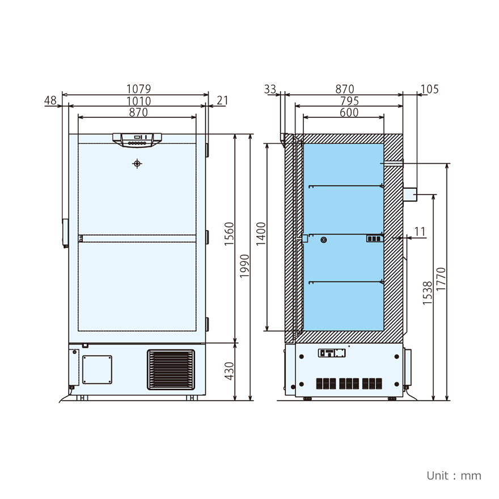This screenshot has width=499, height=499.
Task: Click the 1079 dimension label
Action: pos(138,89)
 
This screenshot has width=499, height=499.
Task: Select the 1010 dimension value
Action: pos(138,101)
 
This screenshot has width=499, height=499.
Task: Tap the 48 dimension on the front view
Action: pos(50,100)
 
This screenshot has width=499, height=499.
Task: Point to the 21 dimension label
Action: pos(222,100)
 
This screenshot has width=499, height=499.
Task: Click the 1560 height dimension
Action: pos(229,234)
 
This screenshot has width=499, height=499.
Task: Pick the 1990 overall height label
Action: pos(244,267)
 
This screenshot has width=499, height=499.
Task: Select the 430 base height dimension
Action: pos(229,371)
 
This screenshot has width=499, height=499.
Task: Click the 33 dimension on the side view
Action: pos(270,89)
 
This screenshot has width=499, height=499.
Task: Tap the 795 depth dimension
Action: pos(349,101)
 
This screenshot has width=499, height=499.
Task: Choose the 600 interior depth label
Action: pos(349,112)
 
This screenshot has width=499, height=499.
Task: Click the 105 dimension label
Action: pos(430,89)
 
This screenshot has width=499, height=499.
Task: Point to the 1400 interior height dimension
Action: pos(260,234)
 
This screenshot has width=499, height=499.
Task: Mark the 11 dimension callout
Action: pos(420,231)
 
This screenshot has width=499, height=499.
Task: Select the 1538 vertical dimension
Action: pos(428,293)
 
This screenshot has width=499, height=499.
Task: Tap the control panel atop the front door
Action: pos(137,139)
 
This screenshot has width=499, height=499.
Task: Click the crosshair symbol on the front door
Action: pos(137,164)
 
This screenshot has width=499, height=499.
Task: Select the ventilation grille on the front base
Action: pos(171,370)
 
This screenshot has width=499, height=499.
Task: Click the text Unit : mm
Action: pos(454,475)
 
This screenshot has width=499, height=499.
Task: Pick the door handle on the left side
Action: pos(65,233)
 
